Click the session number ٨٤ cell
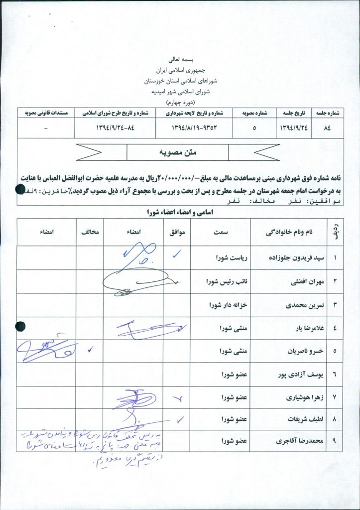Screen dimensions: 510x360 [x=327, y=127]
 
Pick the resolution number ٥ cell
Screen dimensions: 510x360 [x=254, y=127]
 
